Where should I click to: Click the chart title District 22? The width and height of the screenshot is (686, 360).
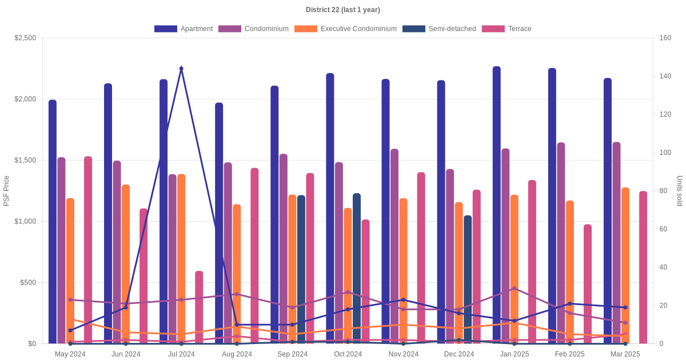[342, 10]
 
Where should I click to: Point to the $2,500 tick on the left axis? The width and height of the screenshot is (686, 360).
[25, 38]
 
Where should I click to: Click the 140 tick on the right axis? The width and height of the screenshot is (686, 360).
[665, 76]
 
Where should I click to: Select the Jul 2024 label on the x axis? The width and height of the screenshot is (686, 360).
[181, 354]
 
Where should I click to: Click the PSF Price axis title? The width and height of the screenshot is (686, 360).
[6, 191]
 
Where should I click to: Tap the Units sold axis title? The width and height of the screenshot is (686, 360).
[680, 191]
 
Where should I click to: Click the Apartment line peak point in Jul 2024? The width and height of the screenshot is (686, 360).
[181, 69]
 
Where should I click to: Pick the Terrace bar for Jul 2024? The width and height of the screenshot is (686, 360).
[199, 307]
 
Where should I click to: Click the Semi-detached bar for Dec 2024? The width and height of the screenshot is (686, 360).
[468, 279]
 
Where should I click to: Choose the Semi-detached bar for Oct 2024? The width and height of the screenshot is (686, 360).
[357, 269]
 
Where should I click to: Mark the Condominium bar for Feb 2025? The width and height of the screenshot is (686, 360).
[561, 243]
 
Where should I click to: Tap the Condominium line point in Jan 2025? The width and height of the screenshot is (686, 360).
[514, 289]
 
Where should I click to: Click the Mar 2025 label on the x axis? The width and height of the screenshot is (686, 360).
[625, 354]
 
